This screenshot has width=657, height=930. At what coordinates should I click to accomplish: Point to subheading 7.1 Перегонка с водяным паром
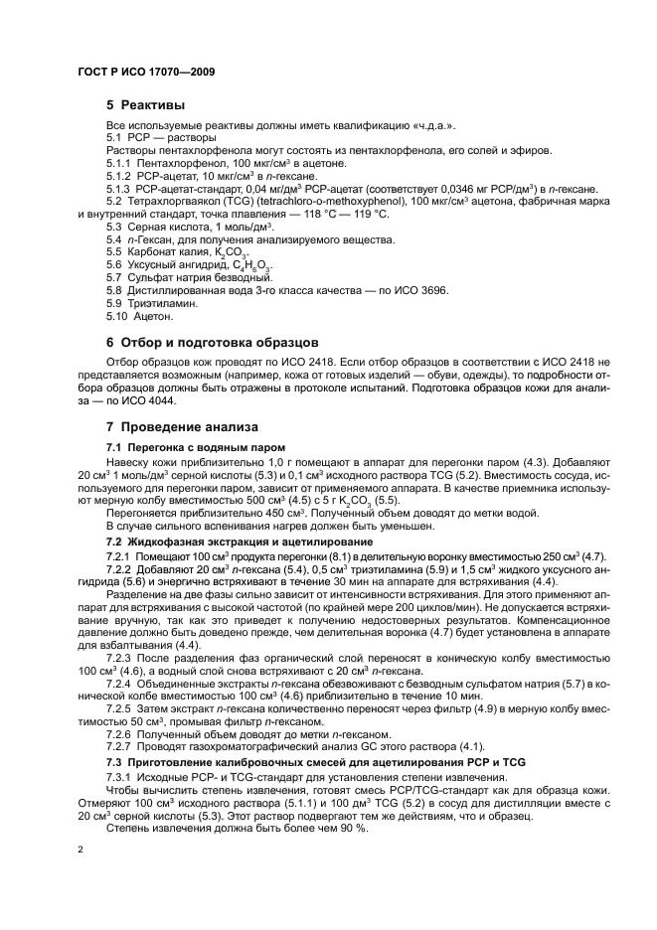[x=182, y=448]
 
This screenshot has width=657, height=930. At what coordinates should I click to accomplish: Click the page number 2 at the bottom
[x=81, y=850]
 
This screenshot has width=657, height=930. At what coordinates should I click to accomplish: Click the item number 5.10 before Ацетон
[x=118, y=317]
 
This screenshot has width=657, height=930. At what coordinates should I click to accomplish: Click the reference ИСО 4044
[x=151, y=400]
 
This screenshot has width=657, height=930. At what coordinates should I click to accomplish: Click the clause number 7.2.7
[x=120, y=747]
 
